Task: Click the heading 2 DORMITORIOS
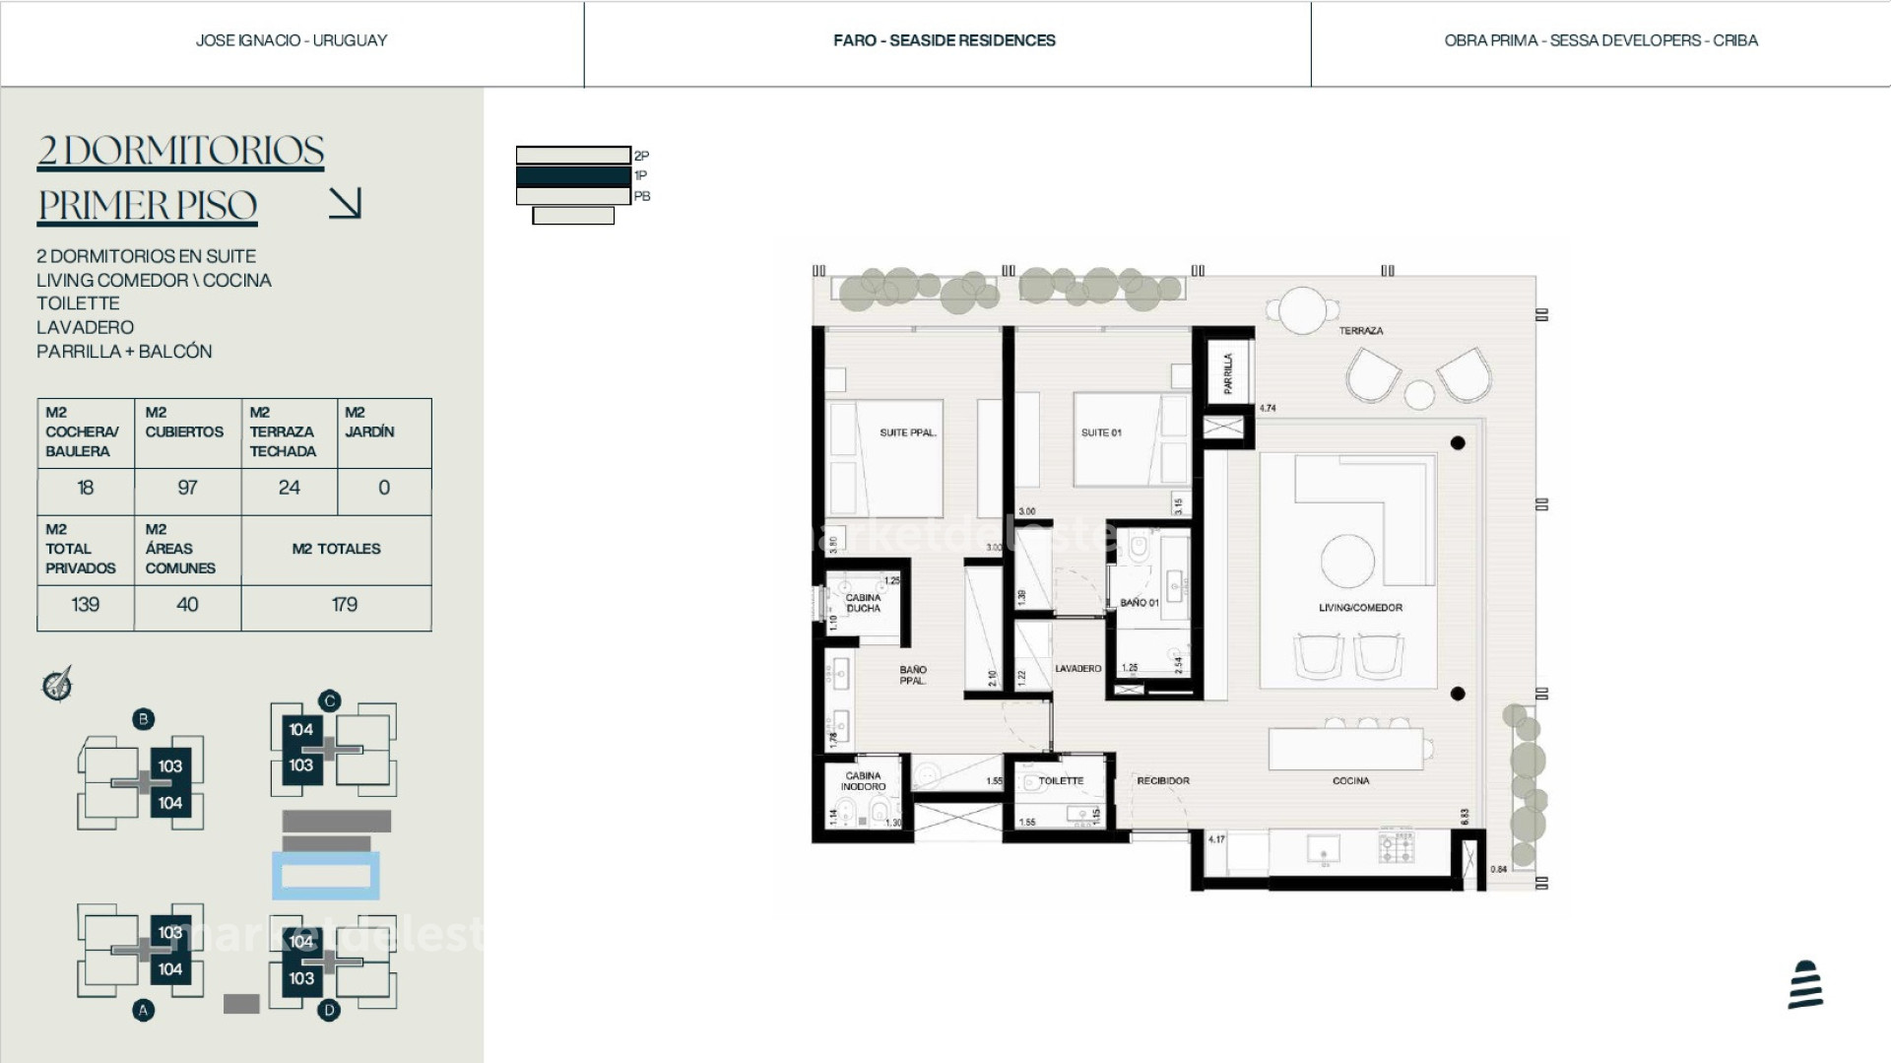click(180, 151)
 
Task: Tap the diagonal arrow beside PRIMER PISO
click(345, 203)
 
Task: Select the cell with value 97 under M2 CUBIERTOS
click(187, 488)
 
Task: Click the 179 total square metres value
click(344, 605)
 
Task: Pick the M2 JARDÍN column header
click(369, 423)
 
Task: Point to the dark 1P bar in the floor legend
click(573, 175)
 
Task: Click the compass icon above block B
click(57, 684)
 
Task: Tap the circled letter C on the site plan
click(329, 700)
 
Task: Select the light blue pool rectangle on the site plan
click(326, 876)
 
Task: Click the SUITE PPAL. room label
click(907, 432)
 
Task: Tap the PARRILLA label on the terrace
click(1227, 373)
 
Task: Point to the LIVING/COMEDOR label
click(1360, 608)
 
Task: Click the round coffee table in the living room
click(1347, 562)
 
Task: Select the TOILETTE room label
click(1061, 780)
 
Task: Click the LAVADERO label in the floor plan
click(1077, 668)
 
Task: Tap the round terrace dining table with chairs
click(1302, 311)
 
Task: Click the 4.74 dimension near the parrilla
click(1268, 408)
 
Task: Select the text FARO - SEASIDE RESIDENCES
click(944, 40)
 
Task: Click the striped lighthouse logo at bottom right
click(1805, 984)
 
